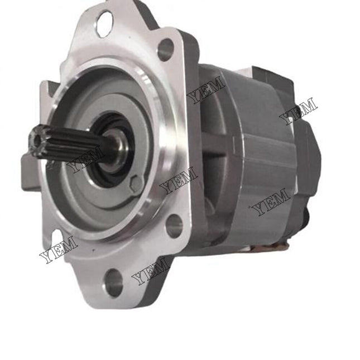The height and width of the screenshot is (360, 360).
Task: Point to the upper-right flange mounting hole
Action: (x=166, y=50)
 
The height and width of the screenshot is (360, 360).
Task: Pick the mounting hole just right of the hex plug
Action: (x=174, y=225)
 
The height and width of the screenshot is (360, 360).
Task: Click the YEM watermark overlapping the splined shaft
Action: (x=85, y=159)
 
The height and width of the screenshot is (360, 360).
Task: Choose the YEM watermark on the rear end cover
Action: (x=298, y=110)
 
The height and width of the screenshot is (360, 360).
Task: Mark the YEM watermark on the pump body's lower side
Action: (x=271, y=202)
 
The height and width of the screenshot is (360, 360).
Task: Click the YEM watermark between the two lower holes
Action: (x=150, y=271)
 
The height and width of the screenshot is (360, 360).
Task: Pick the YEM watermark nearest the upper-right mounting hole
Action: (x=206, y=90)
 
